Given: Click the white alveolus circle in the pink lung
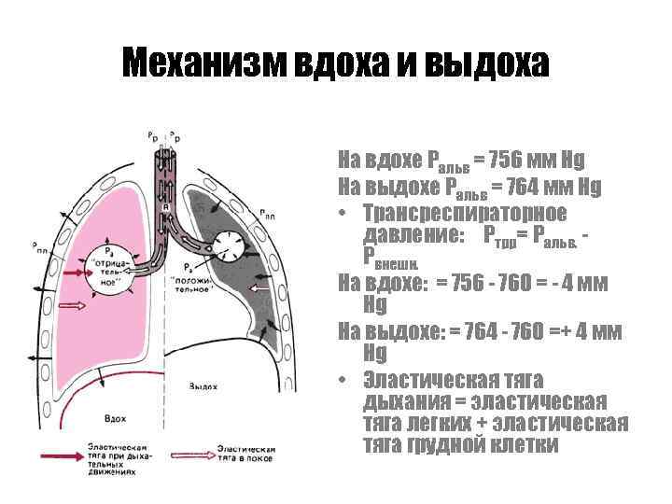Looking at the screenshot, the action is click(108, 273).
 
